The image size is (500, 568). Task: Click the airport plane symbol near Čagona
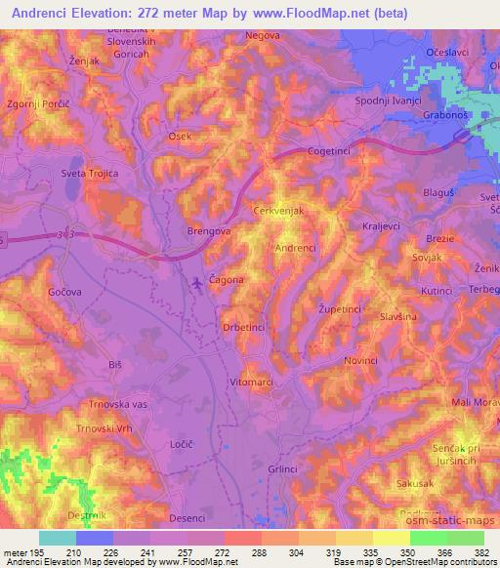[x=199, y=283]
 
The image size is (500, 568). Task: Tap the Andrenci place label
[x=296, y=249]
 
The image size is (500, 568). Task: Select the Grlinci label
[x=283, y=469]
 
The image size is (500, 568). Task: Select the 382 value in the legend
[x=483, y=552]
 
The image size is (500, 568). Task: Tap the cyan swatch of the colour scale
[x=58, y=539]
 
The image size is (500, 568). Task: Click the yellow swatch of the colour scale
[x=391, y=539]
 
